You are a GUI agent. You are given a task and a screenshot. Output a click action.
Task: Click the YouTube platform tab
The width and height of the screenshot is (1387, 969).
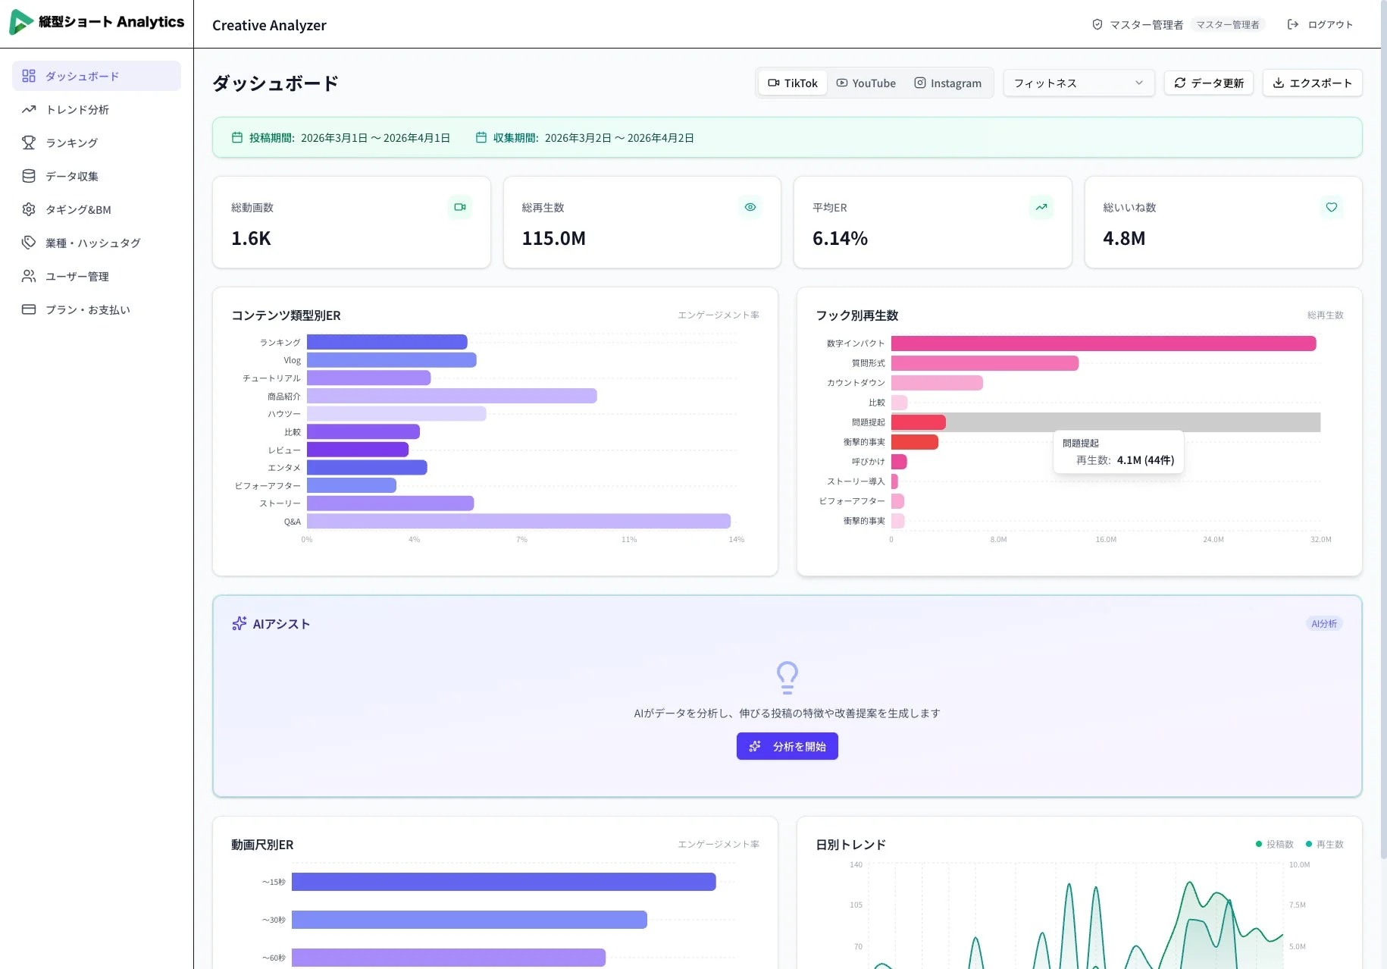866,83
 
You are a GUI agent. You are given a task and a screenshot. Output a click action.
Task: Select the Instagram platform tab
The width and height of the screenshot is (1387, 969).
947,83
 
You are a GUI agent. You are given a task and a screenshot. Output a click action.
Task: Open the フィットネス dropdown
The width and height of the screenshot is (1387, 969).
1078,83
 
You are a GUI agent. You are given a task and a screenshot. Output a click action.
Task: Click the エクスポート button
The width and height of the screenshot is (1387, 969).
1312,83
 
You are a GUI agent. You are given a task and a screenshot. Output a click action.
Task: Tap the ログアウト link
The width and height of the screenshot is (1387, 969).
1320,25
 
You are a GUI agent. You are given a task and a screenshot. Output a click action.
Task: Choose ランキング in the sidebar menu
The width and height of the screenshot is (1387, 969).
71,143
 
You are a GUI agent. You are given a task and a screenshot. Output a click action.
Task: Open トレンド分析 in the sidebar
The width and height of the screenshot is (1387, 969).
77,110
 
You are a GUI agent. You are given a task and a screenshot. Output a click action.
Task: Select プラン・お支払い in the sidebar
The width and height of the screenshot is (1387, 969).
87,310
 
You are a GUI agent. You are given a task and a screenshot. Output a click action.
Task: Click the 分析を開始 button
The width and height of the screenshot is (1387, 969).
787,747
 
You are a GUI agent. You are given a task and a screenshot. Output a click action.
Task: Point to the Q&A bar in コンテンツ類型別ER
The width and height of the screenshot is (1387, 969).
518,522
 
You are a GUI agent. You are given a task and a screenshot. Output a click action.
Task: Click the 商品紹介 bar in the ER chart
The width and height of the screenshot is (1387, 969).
452,396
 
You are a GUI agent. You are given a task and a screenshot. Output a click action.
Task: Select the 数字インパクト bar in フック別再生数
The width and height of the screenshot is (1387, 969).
1103,343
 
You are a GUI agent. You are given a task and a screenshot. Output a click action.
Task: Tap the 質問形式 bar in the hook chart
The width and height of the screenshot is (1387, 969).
985,363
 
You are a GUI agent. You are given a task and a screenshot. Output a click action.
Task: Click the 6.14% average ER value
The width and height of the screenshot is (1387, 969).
840,239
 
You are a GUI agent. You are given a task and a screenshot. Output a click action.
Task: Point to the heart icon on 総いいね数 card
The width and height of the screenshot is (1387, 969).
1331,207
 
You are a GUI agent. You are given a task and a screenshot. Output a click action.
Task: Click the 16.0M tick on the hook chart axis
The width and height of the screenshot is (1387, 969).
1105,540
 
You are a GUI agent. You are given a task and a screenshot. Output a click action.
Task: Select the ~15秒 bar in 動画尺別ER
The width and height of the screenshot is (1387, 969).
503,882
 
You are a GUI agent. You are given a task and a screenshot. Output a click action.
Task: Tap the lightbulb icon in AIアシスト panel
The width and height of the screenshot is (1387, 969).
787,677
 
